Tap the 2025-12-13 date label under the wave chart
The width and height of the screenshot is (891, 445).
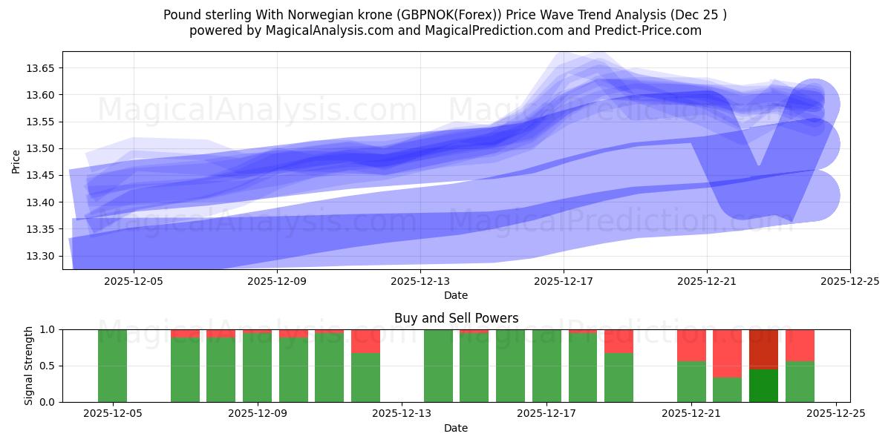click(420, 281)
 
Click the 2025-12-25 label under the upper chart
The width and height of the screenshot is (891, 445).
click(850, 281)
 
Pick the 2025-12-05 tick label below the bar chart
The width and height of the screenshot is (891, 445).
click(113, 414)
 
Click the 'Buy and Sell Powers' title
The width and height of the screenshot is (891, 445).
click(456, 318)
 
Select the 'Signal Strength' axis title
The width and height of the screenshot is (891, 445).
click(29, 366)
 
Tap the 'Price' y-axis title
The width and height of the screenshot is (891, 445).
click(16, 161)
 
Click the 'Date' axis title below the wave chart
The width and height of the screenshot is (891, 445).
click(456, 295)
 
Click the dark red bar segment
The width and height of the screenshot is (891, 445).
click(763, 349)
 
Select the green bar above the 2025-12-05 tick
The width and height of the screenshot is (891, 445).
click(113, 366)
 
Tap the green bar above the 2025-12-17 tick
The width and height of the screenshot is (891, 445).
click(546, 366)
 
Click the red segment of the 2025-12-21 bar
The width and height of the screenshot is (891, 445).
click(691, 345)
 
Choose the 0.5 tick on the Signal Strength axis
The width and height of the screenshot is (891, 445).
click(50, 366)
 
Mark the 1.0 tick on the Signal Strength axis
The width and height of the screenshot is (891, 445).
click(50, 329)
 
